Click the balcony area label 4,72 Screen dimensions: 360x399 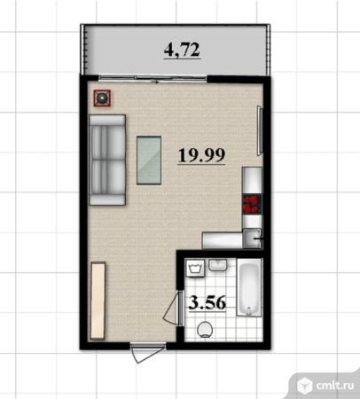click(182, 50)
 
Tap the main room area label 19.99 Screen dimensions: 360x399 click(201, 155)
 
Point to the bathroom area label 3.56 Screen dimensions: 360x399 click(207, 302)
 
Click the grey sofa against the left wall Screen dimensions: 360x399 click(107, 160)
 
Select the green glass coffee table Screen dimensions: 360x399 click(149, 160)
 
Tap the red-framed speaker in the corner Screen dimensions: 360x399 click(102, 98)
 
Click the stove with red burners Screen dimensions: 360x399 click(252, 204)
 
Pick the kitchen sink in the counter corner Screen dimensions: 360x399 click(253, 239)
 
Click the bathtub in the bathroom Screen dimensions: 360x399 click(249, 287)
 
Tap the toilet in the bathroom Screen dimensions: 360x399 click(205, 330)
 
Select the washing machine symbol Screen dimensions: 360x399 click(195, 268)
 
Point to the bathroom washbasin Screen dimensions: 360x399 click(218, 265)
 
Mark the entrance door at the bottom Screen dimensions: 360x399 click(148, 352)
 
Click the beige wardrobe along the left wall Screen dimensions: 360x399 click(98, 301)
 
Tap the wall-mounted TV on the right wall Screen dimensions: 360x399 click(260, 130)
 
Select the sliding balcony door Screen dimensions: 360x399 click(153, 78)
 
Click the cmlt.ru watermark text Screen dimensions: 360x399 click(335, 385)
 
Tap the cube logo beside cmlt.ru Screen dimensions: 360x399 click(304, 386)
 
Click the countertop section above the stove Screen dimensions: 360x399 click(252, 181)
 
